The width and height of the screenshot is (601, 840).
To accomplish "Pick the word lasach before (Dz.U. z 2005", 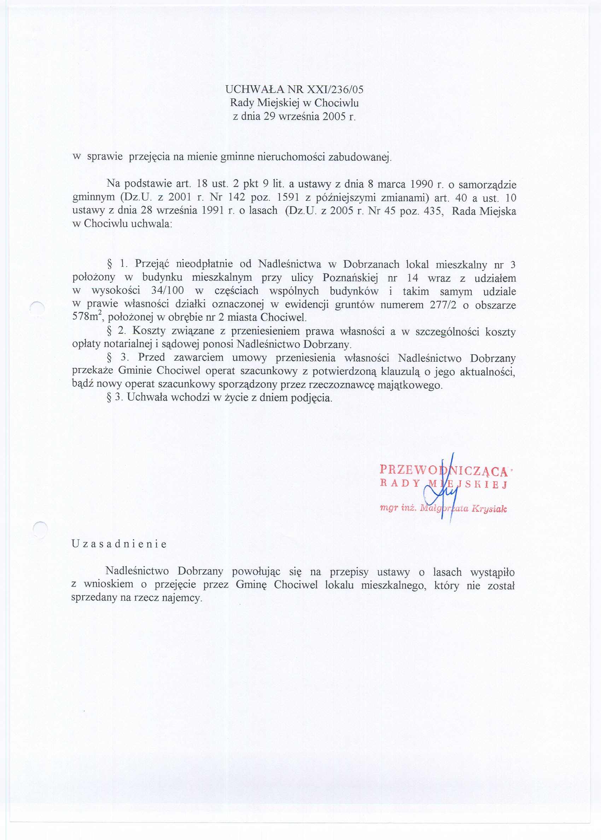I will tap(263, 211).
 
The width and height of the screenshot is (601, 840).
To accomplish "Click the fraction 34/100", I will tap(168, 291).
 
